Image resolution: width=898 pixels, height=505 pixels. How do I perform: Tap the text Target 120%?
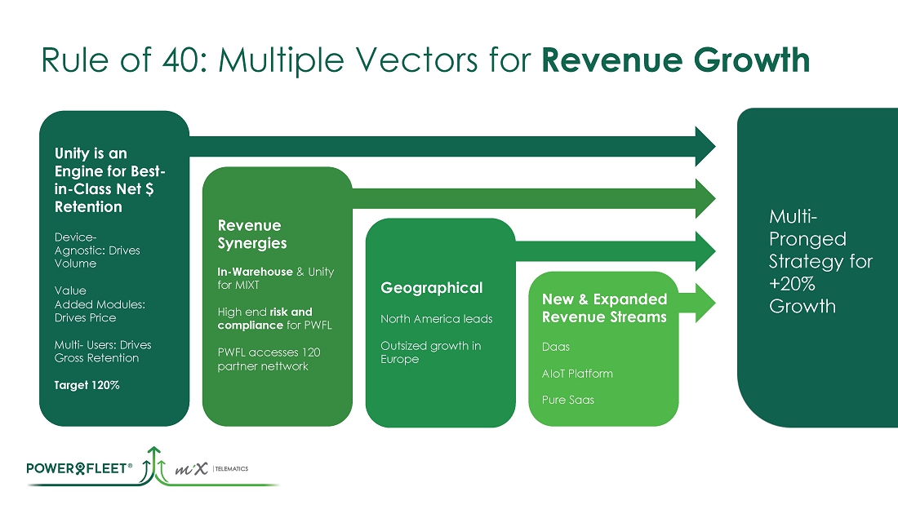87,385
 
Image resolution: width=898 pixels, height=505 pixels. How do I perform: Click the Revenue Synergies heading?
252,234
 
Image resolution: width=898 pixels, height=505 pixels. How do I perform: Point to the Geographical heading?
431,288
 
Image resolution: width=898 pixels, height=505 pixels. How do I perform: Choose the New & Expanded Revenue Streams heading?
604,308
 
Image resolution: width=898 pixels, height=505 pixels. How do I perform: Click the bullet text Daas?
556,347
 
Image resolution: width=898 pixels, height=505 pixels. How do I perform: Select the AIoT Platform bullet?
577,374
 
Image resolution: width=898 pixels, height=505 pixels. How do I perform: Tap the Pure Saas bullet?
568,400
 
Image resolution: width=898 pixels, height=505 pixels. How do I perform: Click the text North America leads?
436,319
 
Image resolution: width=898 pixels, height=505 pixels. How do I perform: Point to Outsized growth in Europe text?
430,352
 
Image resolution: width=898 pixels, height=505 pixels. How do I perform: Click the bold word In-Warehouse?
255,272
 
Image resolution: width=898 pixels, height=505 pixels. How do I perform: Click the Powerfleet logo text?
80,468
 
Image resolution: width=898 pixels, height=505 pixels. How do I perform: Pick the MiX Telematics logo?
211,470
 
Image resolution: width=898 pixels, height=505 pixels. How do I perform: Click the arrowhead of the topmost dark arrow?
703,147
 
